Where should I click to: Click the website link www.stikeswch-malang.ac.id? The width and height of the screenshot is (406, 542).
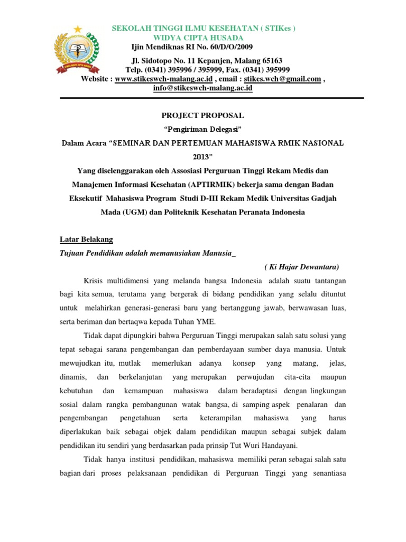(164, 79)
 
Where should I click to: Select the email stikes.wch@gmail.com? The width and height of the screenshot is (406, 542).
(288, 79)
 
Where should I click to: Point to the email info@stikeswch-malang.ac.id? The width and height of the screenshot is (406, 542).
(195, 88)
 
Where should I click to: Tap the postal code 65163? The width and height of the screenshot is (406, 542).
(270, 61)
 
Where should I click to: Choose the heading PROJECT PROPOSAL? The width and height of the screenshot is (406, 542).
(202, 115)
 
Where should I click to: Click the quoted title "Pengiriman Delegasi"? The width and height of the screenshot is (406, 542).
(202, 129)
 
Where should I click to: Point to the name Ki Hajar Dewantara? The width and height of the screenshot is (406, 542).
(301, 266)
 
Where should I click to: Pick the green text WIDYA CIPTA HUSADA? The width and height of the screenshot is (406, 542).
(198, 38)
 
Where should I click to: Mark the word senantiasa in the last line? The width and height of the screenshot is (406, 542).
(327, 473)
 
